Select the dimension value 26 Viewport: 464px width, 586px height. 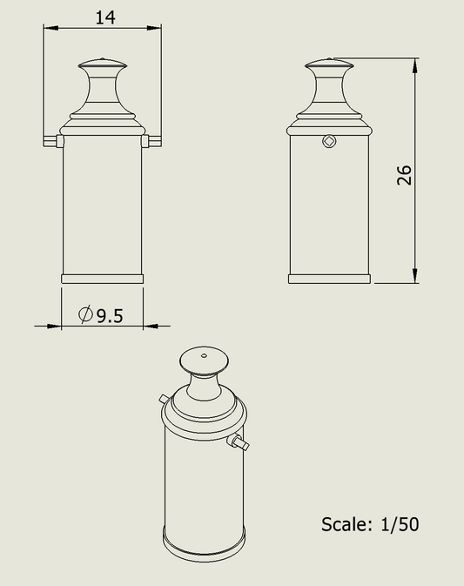click(x=403, y=175)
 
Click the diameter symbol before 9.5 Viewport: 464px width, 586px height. click(x=85, y=315)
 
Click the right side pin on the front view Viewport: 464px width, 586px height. click(x=153, y=140)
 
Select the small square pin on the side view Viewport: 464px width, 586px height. click(x=327, y=141)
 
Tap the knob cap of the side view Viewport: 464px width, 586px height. click(x=329, y=64)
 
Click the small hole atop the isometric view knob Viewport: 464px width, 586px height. click(x=204, y=355)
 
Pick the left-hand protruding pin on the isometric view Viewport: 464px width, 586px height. click(x=165, y=398)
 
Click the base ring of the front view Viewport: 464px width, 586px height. click(x=103, y=279)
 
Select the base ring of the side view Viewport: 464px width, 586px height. click(x=329, y=279)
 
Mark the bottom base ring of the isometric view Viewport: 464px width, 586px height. click(x=205, y=548)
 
